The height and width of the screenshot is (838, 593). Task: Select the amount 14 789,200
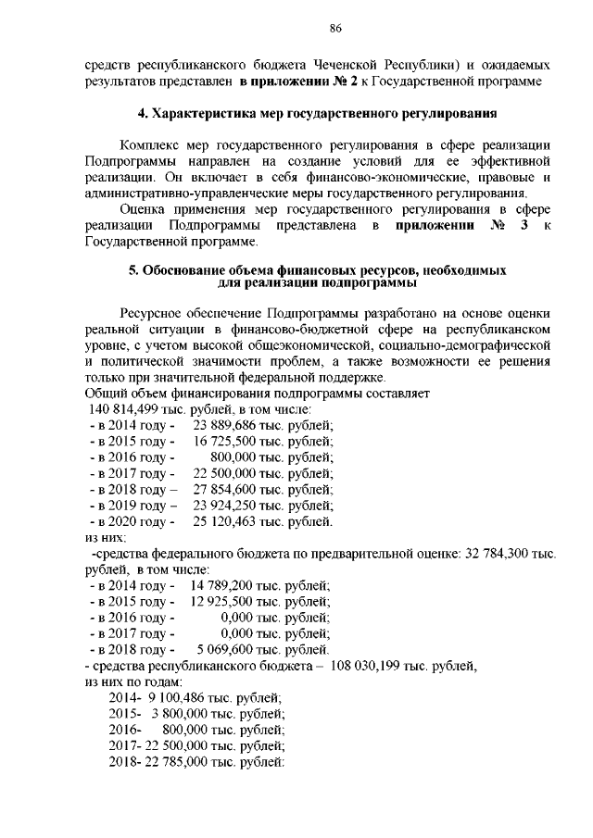tap(228, 585)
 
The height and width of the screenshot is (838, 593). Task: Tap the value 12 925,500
tap(228, 601)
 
